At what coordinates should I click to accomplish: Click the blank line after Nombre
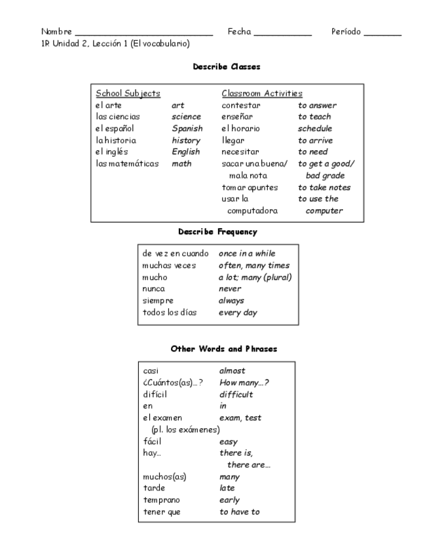pos(144,33)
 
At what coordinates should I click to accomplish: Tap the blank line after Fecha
pos(282,33)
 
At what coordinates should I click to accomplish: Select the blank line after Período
pos(382,33)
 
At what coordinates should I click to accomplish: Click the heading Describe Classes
pos(227,67)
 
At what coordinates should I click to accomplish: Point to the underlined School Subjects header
pos(128,94)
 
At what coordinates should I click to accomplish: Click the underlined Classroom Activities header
pos(262,94)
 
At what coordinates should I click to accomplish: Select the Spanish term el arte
pos(108,105)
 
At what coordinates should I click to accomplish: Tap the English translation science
pos(187,117)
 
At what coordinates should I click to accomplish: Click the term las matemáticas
pos(127,164)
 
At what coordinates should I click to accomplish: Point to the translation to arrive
pos(315,140)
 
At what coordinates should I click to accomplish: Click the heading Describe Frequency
pos(217,232)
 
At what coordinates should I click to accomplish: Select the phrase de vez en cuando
pos(176,254)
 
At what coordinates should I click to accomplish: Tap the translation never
pos(230,289)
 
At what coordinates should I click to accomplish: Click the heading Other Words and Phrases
pos(224,349)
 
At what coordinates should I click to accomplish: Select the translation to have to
pos(239,512)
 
